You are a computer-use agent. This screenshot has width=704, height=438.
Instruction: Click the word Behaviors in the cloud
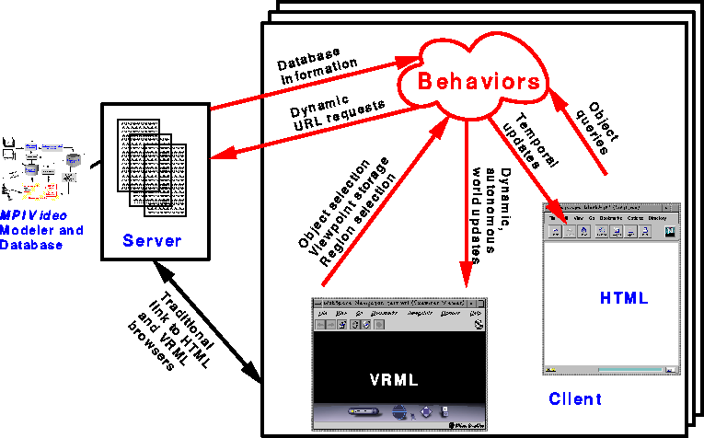479,81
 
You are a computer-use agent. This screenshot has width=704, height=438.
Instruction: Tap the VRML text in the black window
393,379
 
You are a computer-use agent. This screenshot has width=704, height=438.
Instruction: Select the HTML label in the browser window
624,298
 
